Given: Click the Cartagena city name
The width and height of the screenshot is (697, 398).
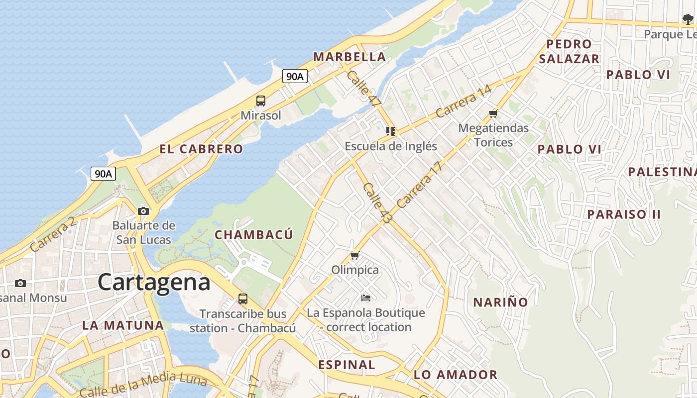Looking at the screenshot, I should pyautogui.click(x=154, y=282).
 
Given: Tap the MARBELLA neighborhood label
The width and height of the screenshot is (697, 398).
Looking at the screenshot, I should pyautogui.click(x=349, y=57).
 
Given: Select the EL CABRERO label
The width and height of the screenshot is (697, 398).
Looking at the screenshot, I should pyautogui.click(x=201, y=149).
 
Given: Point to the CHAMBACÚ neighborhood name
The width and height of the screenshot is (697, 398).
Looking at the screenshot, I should pyautogui.click(x=253, y=234).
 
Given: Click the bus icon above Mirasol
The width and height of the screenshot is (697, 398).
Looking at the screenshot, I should pyautogui.click(x=261, y=101).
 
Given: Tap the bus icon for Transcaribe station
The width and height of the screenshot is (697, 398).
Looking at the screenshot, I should pyautogui.click(x=243, y=299).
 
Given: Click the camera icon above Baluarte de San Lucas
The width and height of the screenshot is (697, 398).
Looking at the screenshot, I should pyautogui.click(x=143, y=211).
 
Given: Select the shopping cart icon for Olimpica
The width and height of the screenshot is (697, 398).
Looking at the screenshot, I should pyautogui.click(x=355, y=256).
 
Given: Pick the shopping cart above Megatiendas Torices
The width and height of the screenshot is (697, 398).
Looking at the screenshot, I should pyautogui.click(x=493, y=113).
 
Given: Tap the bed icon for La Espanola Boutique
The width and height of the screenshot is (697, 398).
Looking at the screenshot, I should pyautogui.click(x=366, y=298).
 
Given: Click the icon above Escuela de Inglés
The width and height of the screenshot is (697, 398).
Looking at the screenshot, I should pyautogui.click(x=391, y=131).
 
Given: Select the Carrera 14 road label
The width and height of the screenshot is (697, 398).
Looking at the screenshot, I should pyautogui.click(x=464, y=101).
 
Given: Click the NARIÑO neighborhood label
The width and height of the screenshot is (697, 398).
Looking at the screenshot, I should pyautogui.click(x=500, y=302).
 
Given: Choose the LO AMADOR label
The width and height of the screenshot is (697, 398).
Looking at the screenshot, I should pyautogui.click(x=456, y=375).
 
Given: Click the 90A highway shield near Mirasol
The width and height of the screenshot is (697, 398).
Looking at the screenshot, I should pyautogui.click(x=295, y=76).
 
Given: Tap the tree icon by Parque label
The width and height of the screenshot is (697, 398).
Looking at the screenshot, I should pyautogui.click(x=688, y=20).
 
